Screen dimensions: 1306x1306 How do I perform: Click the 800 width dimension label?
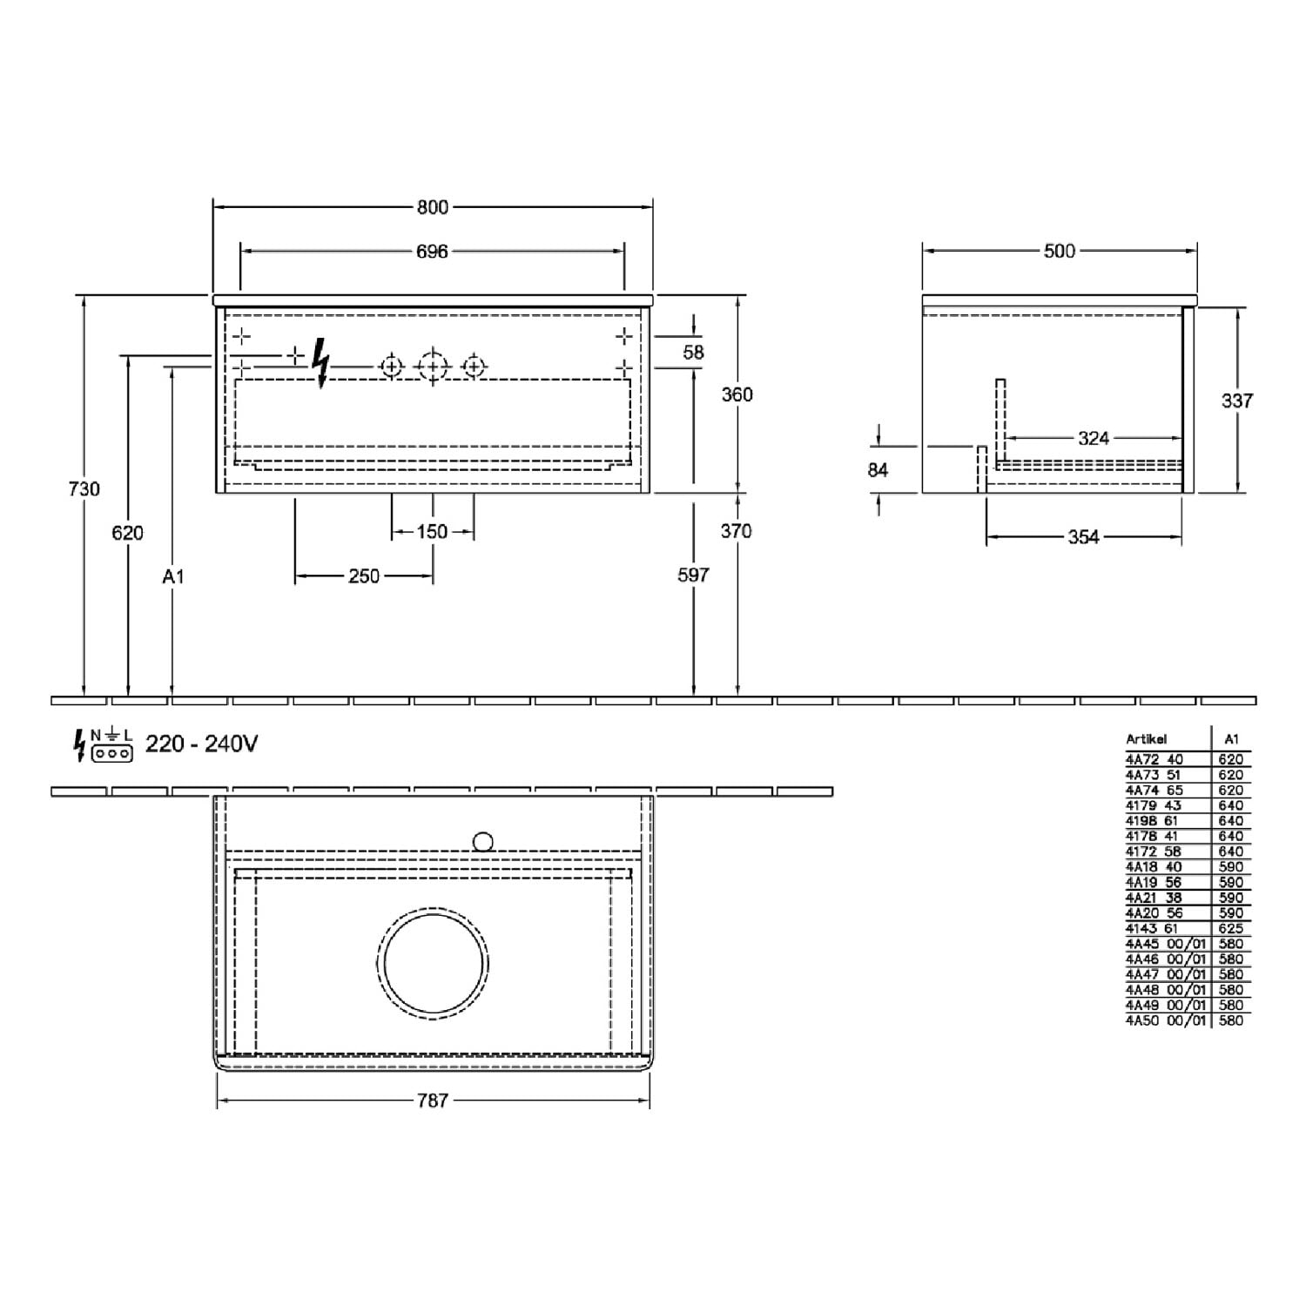point(432,207)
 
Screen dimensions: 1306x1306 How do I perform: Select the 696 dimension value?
point(432,252)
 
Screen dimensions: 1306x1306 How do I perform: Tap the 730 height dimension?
point(84,489)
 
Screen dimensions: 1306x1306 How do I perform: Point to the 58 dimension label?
point(694,353)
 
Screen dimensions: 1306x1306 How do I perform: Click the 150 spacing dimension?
point(432,531)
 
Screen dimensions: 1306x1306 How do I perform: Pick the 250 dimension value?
point(364,576)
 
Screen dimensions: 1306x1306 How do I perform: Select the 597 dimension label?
point(694,575)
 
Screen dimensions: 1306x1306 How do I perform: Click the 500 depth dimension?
point(1060,251)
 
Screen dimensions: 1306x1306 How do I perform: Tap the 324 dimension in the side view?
point(1094,438)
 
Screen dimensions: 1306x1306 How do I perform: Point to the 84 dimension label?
point(878,470)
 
